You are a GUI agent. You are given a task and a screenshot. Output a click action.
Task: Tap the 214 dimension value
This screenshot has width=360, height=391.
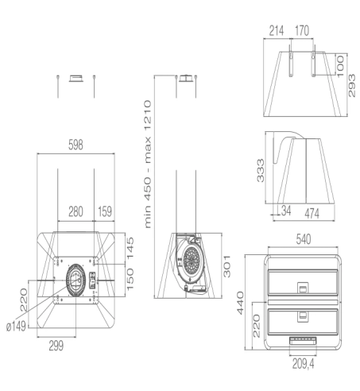coord(277,33)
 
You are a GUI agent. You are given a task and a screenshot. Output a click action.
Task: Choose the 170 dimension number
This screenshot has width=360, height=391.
coord(302,33)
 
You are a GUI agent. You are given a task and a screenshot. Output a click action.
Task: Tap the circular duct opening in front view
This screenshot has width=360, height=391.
coord(75,278)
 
